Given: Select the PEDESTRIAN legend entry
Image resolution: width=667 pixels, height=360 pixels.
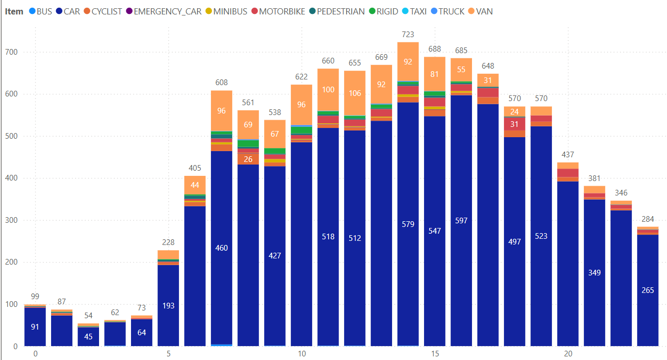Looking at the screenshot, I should coord(340,11).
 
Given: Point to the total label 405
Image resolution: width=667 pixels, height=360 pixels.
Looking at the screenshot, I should coord(195,168).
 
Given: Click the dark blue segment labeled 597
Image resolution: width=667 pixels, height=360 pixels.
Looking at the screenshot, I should coord(461,220).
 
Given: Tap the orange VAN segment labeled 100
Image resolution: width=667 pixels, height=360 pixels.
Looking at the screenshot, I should coord(328,90).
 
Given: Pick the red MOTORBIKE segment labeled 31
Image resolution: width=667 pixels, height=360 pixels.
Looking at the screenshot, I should coord(514,124).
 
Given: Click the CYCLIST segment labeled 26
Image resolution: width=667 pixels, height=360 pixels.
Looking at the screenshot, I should coord(248,159).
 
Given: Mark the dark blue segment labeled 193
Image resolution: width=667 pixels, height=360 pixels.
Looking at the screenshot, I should coord(168,305).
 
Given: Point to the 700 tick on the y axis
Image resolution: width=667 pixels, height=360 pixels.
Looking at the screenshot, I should coord(12,52).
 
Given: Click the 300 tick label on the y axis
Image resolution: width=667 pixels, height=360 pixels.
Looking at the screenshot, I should coord(12,220).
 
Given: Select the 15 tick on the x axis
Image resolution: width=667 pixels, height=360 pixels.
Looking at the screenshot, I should coord(435,354).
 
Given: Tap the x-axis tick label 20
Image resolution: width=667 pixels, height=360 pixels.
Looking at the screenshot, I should coord(568,354).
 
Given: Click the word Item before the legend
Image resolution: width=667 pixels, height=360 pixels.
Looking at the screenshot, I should coord(14,11).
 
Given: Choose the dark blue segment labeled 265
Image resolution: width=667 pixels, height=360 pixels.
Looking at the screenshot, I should coord(647,290).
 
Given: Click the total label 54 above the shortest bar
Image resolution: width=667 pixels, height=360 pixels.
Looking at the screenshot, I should coord(88,316).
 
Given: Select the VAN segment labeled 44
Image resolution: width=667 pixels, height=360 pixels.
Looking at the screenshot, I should coord(195,185).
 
